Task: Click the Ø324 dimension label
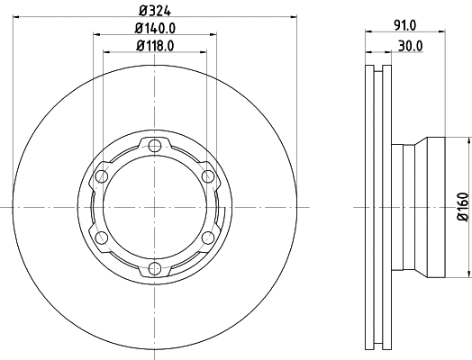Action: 155,11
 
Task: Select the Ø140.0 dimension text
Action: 155,28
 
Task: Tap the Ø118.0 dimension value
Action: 155,46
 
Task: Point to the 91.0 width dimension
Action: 404,25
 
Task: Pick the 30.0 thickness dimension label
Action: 411,46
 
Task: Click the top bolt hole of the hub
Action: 155,146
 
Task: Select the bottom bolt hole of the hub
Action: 155,267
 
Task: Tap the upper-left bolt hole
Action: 102,176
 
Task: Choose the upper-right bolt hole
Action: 207,176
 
